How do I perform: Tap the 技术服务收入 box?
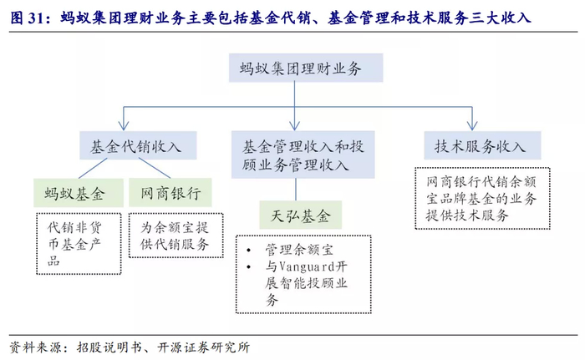tap(479, 146)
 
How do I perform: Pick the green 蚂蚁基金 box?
tap(76, 195)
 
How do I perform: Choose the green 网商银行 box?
tap(171, 195)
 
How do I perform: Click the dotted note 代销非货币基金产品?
tap(76, 243)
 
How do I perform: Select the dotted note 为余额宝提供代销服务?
tap(175, 236)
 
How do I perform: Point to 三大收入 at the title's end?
tap(503, 16)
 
